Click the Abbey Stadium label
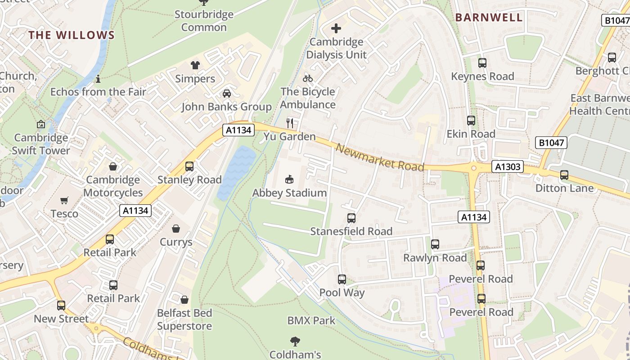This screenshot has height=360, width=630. click(289, 193)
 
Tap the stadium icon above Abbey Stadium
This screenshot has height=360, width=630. click(289, 180)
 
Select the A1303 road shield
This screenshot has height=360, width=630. click(508, 167)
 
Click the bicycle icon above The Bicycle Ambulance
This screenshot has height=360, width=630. click(308, 78)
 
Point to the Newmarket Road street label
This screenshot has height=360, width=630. click(380, 158)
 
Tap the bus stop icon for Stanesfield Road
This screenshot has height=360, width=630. click(351, 218)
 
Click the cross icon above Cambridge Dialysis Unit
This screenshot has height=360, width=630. click(336, 29)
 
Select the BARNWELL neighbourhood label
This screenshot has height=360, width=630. click(489, 18)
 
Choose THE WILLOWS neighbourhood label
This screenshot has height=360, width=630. click(72, 35)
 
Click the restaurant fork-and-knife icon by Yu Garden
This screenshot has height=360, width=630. click(290, 123)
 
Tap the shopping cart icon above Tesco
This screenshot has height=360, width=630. click(64, 200)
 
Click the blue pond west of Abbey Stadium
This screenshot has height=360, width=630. click(236, 173)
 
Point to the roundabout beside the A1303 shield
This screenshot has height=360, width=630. click(473, 168)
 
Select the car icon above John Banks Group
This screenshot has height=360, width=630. click(227, 94)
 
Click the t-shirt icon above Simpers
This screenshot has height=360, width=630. click(195, 65)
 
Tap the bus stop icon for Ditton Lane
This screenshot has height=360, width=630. click(564, 175)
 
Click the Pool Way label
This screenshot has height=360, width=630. click(342, 292)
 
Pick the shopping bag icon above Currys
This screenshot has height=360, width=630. click(176, 229)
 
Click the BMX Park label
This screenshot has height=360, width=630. click(311, 321)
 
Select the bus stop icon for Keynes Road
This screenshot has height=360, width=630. click(482, 63)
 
